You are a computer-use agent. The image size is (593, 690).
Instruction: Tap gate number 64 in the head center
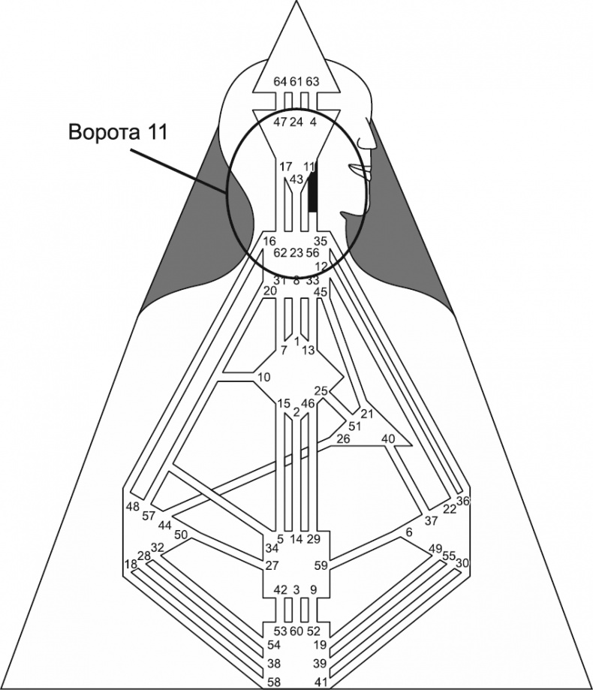280,81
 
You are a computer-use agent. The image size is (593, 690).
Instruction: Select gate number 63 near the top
313,81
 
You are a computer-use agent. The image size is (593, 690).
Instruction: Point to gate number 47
280,121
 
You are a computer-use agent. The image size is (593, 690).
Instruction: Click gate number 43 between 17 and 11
296,179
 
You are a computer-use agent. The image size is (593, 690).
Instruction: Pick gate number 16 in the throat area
269,241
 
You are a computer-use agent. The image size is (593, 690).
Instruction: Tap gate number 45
321,292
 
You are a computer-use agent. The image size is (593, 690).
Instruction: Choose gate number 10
263,376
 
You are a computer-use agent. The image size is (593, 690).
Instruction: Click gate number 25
321,391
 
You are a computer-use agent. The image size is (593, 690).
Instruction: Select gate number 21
367,414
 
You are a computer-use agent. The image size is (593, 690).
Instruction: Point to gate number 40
388,438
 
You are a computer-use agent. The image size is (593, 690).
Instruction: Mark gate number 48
133,507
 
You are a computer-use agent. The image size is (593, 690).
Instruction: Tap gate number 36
462,501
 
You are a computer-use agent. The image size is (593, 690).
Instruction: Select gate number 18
131,564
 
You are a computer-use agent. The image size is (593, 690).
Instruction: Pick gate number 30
462,563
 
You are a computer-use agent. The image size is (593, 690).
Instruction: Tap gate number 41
321,681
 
